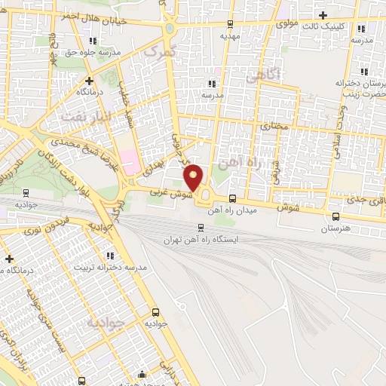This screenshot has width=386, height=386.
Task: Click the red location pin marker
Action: [194, 177]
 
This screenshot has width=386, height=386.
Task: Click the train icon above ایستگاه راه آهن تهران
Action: [201, 227]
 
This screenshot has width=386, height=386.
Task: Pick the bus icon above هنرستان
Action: [335, 216]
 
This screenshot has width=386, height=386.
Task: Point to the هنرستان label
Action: [335, 228]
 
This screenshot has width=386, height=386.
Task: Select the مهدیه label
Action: [230, 35]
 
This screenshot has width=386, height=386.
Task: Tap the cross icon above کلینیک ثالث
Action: [323, 15]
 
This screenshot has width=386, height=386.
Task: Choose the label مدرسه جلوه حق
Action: [96, 53]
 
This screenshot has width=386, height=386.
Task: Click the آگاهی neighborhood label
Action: [265, 75]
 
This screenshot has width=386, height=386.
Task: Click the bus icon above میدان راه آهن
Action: [231, 199]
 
